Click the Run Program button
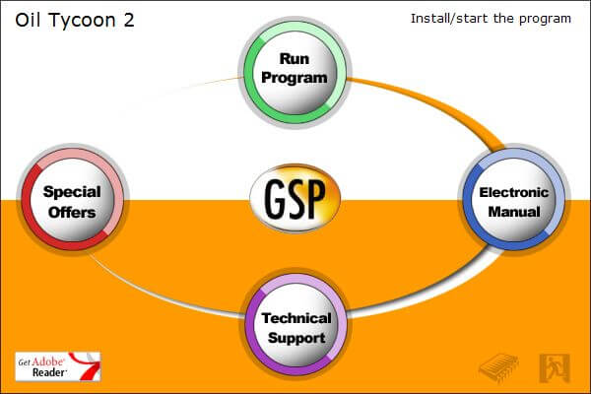295,72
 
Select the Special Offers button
72,199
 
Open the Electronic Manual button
514,199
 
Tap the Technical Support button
296,325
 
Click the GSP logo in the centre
295,198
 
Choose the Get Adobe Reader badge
58,366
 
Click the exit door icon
555,367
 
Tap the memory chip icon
498,367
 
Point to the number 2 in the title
129,20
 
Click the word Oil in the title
29,20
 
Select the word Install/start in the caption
449,19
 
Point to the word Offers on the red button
72,213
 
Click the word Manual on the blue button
514,212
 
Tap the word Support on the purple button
296,338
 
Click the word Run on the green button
295,59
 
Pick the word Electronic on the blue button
514,192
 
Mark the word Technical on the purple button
296,318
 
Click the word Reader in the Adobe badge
49,373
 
